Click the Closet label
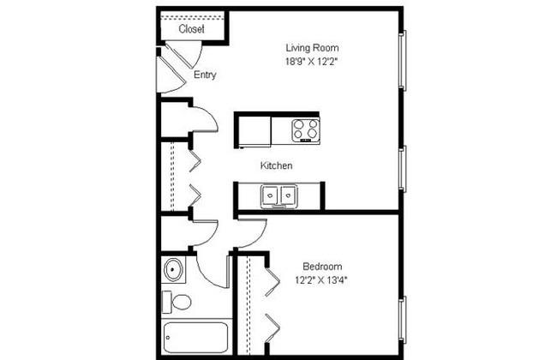click(x=192, y=29)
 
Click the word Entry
click(x=205, y=75)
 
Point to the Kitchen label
click(x=277, y=165)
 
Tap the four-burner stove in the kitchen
click(x=306, y=130)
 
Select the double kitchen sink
click(x=278, y=196)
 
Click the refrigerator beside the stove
click(x=254, y=131)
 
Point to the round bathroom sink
click(x=174, y=272)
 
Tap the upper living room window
click(x=403, y=60)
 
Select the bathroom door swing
click(x=211, y=271)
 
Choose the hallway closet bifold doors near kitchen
click(x=194, y=177)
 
